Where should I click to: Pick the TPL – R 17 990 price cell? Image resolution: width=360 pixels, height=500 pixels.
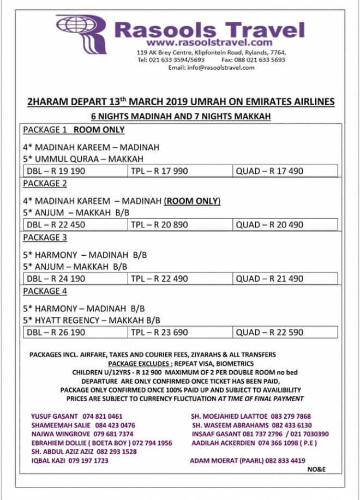(x=159, y=171)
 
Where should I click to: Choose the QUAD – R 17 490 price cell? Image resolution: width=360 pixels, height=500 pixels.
(x=269, y=171)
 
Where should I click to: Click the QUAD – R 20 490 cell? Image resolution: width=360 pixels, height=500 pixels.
(x=269, y=225)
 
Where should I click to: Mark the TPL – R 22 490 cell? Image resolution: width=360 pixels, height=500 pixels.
(x=159, y=279)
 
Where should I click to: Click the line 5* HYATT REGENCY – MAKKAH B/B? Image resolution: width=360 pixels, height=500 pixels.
(x=93, y=320)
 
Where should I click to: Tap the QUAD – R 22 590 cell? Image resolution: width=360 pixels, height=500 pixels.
(x=269, y=332)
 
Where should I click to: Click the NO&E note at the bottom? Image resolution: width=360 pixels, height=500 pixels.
(x=316, y=469)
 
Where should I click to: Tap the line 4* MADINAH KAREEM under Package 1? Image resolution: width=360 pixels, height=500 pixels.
(x=91, y=147)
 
